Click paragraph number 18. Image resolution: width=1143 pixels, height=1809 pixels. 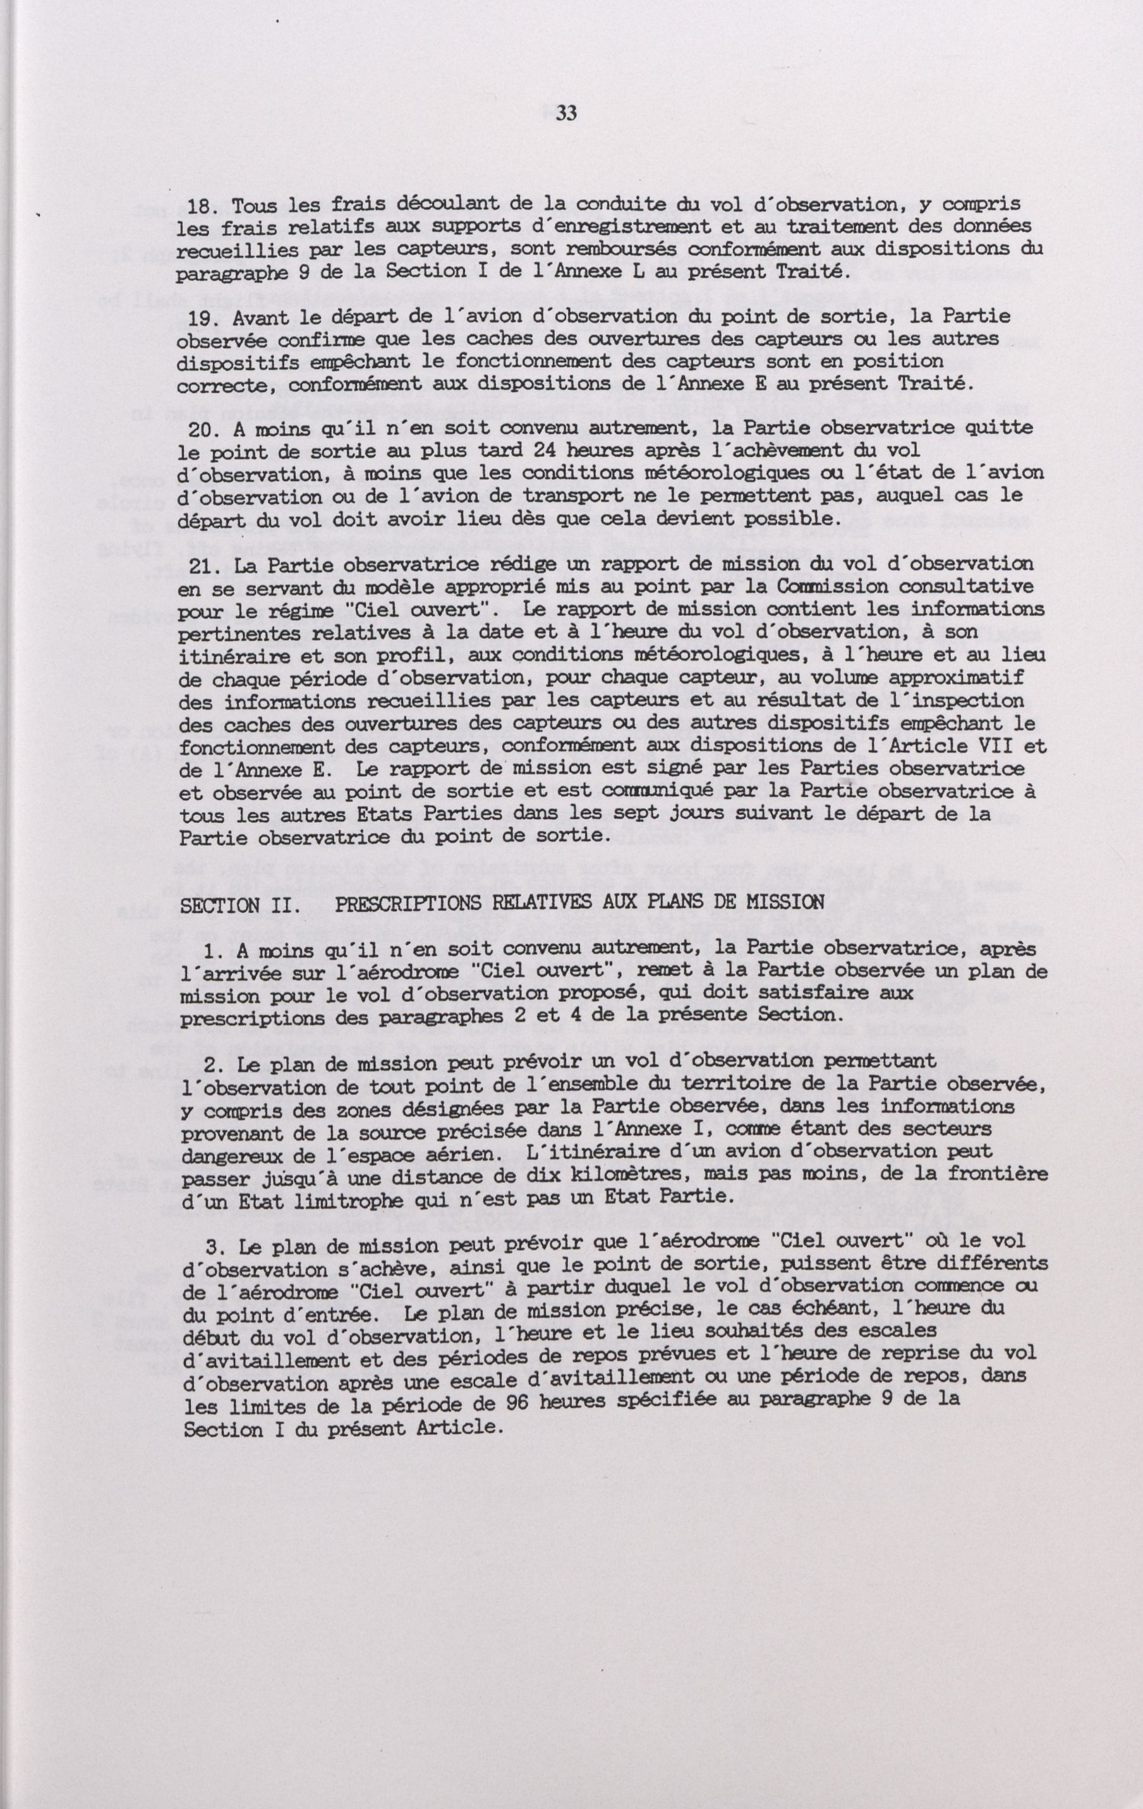coord(199,205)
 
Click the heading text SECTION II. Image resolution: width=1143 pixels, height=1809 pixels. coord(230,905)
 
